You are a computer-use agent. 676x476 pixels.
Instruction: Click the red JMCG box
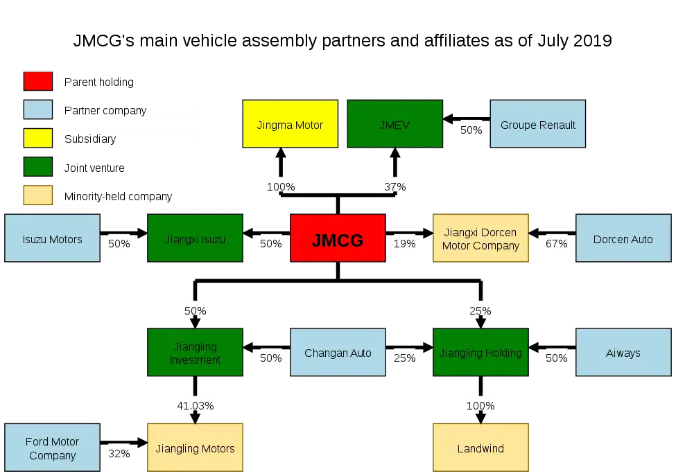tap(338, 238)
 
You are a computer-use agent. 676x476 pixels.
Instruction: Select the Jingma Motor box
tap(290, 124)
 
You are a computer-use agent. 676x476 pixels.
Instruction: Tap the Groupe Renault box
tap(537, 124)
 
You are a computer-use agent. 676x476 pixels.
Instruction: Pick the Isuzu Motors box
tap(52, 238)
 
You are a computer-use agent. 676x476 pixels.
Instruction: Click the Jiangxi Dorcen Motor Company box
tap(480, 238)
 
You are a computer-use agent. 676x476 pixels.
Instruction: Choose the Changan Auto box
tap(338, 353)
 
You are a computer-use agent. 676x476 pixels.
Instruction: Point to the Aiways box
tap(623, 353)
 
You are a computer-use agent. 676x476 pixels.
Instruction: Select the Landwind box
tap(480, 448)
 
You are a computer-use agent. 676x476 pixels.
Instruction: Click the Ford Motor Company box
tap(52, 448)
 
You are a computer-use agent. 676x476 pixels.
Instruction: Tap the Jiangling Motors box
tap(195, 448)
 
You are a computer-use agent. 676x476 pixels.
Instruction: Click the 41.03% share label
tap(196, 406)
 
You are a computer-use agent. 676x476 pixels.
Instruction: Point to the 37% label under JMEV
tap(395, 187)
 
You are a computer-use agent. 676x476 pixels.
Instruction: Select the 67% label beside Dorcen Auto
tap(556, 244)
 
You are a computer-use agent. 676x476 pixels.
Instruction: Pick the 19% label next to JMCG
tap(404, 244)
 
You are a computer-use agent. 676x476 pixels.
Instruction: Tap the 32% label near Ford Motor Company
tap(119, 454)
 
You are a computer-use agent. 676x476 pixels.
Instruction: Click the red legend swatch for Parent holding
tap(38, 81)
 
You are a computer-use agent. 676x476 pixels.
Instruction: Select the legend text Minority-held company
tap(118, 197)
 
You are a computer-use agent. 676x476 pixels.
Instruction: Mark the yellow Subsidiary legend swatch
tap(38, 139)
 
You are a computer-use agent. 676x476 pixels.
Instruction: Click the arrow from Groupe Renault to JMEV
tap(467, 118)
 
